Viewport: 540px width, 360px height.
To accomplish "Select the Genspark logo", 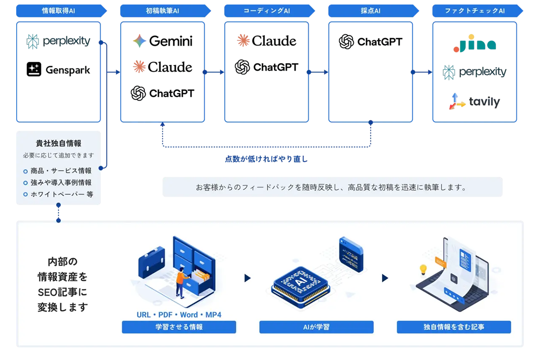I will click(58, 70).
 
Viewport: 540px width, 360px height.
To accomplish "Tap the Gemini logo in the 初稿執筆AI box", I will click(162, 41).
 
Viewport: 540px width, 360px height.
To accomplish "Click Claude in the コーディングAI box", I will click(266, 41).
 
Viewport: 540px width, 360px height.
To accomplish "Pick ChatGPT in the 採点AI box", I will click(370, 42).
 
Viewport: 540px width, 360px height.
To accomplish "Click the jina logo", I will click(474, 44).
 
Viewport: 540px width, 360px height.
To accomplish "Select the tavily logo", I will click(474, 102).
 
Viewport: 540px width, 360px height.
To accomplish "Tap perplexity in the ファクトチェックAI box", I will click(474, 72).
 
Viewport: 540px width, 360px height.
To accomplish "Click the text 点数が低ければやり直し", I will click(266, 159).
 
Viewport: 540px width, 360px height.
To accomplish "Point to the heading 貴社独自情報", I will click(58, 143).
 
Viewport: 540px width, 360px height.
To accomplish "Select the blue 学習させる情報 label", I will click(179, 327).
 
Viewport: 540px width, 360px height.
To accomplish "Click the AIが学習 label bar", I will click(316, 327).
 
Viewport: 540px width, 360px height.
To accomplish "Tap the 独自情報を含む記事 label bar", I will click(454, 327).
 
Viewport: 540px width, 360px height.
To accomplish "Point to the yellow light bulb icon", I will click(423, 270).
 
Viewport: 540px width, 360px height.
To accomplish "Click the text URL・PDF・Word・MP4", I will click(179, 315).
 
